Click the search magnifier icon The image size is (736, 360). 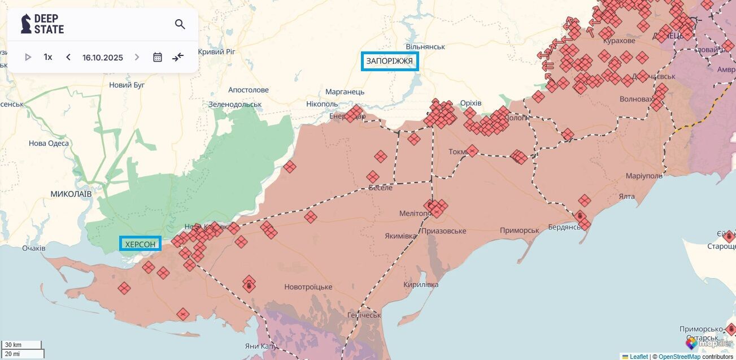[180, 24]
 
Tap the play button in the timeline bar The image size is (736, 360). [28, 57]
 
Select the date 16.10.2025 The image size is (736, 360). [102, 58]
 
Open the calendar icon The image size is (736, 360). [158, 57]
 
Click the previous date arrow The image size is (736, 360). [68, 57]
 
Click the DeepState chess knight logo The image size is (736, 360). [26, 24]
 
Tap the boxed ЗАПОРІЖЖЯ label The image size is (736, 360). [390, 61]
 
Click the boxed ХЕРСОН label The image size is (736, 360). [140, 244]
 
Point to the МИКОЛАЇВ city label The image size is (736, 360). [71, 194]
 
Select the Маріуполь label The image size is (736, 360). [644, 176]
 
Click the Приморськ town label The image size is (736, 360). [519, 231]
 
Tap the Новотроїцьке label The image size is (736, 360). [308, 287]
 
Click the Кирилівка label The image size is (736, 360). [421, 284]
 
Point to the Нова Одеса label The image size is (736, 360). [49, 144]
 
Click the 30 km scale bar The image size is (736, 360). [21, 345]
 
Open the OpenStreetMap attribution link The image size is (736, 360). [679, 357]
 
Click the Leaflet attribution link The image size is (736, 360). [638, 357]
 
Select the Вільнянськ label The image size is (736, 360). [425, 46]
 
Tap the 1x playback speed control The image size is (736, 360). [48, 57]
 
